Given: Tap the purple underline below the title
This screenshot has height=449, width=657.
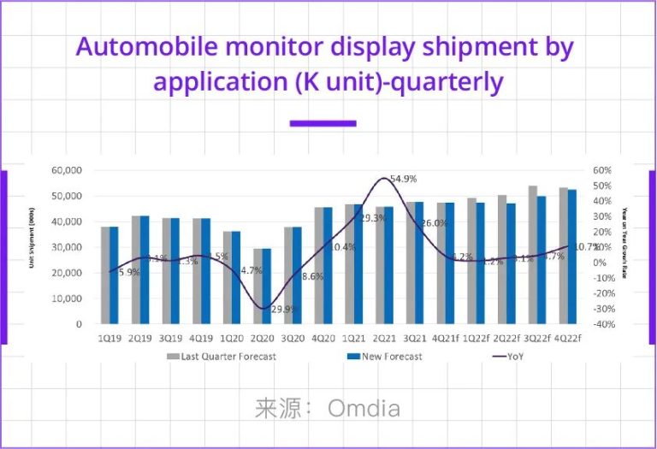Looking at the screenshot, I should point(323,123).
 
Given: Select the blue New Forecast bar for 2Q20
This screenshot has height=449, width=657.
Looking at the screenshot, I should point(266,287).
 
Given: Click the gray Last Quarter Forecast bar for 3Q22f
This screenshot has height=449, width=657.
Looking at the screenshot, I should point(533,255).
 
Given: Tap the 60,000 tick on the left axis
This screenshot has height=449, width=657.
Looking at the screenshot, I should point(66,170).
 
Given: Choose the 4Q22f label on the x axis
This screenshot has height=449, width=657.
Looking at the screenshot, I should point(566,338).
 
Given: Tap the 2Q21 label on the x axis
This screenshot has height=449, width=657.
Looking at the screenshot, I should point(386,338).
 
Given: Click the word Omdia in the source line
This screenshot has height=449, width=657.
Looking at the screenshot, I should point(364,408).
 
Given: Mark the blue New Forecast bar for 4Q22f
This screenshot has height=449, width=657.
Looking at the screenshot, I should point(571,257).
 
